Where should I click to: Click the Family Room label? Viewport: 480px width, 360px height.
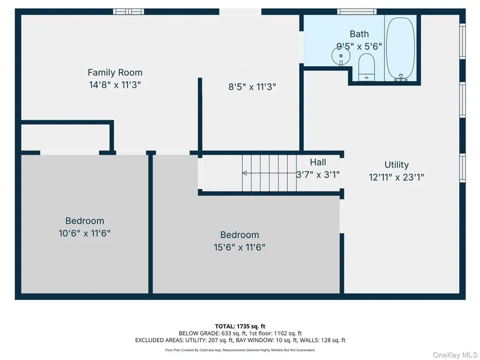click(x=115, y=73)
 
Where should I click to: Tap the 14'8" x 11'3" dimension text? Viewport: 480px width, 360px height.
click(x=115, y=84)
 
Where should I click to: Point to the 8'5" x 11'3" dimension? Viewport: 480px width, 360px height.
click(x=253, y=87)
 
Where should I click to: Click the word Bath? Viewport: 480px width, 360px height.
click(x=359, y=34)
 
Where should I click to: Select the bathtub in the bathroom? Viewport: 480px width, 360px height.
click(x=401, y=48)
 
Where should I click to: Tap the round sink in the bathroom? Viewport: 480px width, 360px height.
click(x=341, y=56)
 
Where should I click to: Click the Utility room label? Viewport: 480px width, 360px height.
click(x=396, y=165)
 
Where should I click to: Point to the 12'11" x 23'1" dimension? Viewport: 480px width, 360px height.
click(x=396, y=177)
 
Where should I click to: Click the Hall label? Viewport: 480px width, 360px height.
click(x=318, y=162)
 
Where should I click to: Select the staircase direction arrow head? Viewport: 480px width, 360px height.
click(x=244, y=173)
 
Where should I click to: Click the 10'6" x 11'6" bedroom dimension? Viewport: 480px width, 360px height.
click(x=84, y=233)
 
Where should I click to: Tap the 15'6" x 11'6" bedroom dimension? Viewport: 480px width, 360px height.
click(x=239, y=247)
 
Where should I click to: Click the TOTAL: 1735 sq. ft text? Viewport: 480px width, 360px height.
click(x=240, y=326)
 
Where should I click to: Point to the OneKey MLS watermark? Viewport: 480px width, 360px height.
click(x=455, y=355)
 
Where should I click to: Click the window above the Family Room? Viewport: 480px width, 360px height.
click(x=129, y=12)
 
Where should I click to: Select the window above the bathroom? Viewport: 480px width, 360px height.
click(x=357, y=12)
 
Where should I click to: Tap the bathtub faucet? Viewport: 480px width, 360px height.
click(x=401, y=77)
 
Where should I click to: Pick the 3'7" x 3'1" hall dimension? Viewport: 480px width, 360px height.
click(x=318, y=175)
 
